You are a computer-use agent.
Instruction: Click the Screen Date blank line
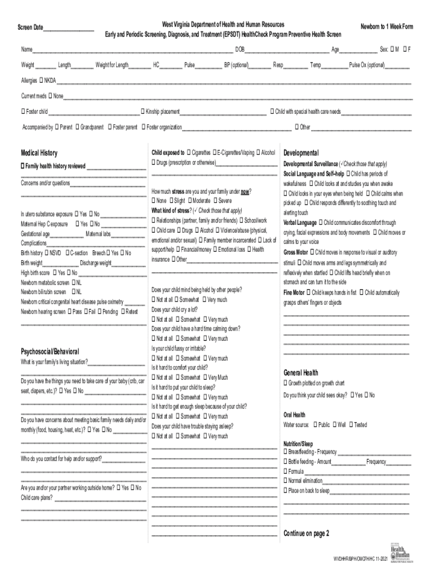(x=69, y=29)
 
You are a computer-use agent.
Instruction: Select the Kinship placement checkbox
(x=143, y=112)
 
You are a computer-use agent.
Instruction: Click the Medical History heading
(x=39, y=153)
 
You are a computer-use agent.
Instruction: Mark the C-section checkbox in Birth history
(x=67, y=254)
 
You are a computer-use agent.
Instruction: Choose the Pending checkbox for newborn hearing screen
(x=100, y=311)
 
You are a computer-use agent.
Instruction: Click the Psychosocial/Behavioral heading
(x=50, y=351)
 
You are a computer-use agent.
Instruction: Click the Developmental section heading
(x=301, y=153)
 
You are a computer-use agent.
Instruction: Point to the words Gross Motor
(x=295, y=252)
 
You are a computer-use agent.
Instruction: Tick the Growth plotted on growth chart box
(x=286, y=383)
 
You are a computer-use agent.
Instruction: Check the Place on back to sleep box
(x=286, y=491)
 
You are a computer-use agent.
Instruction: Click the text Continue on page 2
(x=306, y=534)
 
